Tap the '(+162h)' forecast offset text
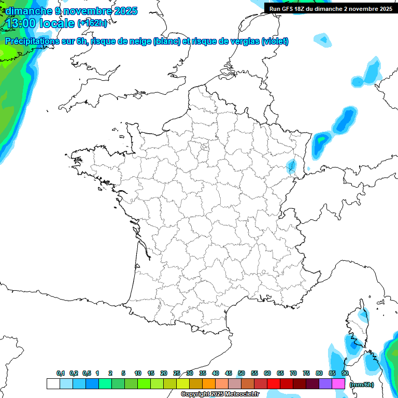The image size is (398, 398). (92, 23)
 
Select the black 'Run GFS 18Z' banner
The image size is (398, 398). (331, 8)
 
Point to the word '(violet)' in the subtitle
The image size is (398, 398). (275, 41)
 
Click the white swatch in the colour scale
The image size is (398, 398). (53, 383)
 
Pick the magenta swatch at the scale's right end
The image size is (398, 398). (338, 383)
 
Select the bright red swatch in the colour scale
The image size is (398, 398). (274, 383)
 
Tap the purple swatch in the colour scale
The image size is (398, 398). (325, 383)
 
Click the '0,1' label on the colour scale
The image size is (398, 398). (61, 374)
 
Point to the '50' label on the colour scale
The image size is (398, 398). (241, 374)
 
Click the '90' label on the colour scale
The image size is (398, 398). (345, 374)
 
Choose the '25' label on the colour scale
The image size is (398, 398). (177, 374)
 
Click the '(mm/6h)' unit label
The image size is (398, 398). (361, 384)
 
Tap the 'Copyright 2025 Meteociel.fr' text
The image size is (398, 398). (220, 394)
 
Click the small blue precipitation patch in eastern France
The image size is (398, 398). (292, 166)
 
